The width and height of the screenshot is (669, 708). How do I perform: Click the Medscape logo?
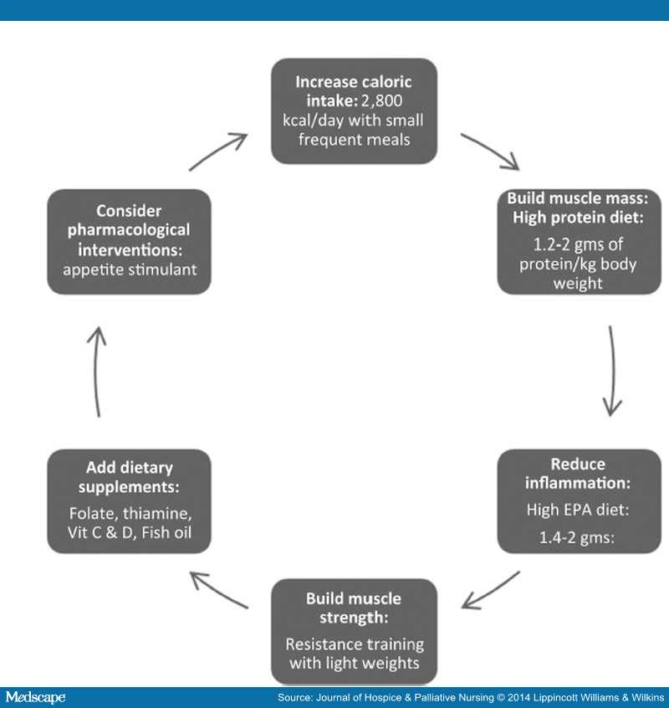36,697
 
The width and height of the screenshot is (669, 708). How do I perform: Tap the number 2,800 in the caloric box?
381,100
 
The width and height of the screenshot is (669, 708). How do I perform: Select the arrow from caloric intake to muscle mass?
490,151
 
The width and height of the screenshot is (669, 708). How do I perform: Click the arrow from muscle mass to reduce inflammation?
611,371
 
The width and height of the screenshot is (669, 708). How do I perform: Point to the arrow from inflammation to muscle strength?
490,590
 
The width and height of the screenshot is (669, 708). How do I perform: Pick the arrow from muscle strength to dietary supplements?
219,590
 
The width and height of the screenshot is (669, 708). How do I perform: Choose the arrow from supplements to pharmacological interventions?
96,372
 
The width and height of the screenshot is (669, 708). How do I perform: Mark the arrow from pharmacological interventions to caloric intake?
218,151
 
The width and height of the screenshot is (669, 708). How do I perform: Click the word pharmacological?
129,230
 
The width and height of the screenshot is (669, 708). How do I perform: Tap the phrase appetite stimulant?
130,269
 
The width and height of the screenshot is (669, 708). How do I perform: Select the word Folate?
94,513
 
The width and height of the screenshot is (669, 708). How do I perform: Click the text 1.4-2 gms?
577,537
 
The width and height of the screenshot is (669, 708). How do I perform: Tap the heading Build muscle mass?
577,198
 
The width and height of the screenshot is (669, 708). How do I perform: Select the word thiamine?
157,513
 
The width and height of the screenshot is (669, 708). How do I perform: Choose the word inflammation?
577,483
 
